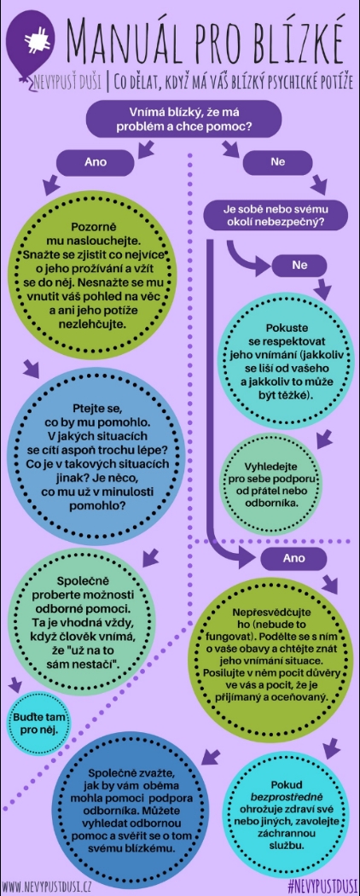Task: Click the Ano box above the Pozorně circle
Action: (96, 162)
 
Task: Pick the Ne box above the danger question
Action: (278, 162)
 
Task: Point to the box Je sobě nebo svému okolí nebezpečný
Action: (276, 213)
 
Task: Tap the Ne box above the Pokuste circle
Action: (299, 265)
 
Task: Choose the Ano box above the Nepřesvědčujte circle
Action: (294, 558)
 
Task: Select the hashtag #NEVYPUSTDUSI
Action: (322, 887)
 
